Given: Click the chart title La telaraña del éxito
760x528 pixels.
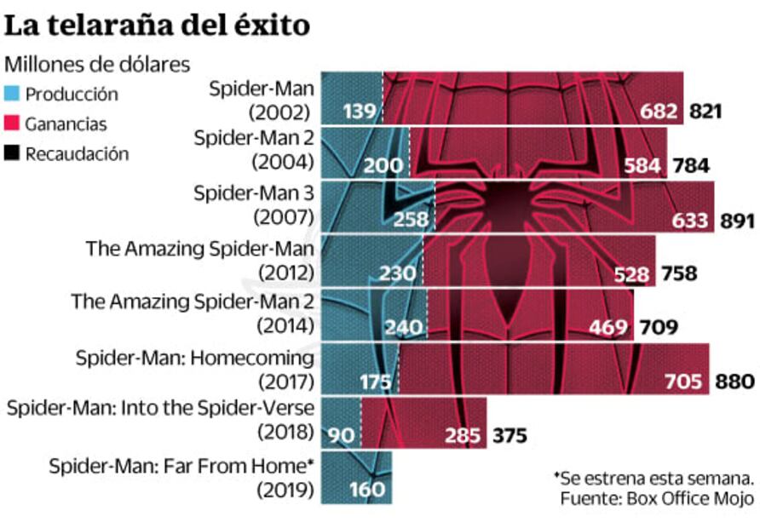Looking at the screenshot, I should pos(156,25).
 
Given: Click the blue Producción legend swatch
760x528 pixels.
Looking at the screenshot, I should pos(13,95).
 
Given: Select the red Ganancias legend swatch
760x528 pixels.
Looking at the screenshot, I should pos(13,124).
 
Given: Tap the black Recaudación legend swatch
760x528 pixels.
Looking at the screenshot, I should pos(13,154).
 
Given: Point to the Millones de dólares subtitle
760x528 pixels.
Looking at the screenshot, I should pos(98,65).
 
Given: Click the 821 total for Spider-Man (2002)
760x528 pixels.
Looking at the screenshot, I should pos(705,111).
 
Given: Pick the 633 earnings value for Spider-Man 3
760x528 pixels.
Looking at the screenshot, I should pos(690,221).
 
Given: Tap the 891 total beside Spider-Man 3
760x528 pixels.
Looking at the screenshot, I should pos(737,221).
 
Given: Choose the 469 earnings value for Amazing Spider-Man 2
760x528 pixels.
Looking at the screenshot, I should pos(609,327).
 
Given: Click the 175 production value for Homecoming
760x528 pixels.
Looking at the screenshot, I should pos(375,381).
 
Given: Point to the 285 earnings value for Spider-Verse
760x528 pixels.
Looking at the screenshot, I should pos(463,436).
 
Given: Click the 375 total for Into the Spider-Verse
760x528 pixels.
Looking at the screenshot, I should pos(509,436).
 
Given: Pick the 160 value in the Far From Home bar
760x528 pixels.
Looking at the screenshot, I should pos(366,491).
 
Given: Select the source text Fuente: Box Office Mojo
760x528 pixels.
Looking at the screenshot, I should pos(657,498).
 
